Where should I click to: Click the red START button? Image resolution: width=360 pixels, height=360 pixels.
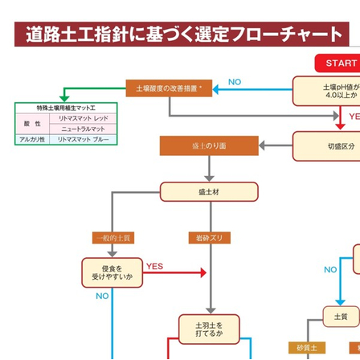[341, 63]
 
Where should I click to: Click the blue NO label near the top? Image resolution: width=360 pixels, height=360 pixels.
[235, 82]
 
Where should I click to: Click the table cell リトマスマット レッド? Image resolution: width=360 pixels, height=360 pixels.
[83, 118]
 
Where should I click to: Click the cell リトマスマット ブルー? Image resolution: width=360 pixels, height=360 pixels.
[83, 139]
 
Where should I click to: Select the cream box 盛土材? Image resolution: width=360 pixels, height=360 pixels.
[208, 192]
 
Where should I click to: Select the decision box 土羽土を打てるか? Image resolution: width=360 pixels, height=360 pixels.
[208, 329]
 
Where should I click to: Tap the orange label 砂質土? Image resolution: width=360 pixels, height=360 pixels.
[307, 348]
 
